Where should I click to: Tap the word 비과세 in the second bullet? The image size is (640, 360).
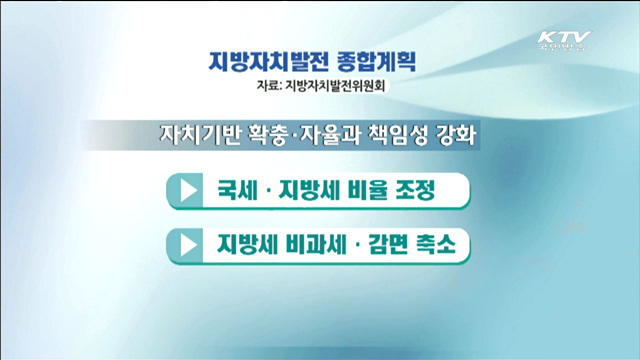point(311,244)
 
